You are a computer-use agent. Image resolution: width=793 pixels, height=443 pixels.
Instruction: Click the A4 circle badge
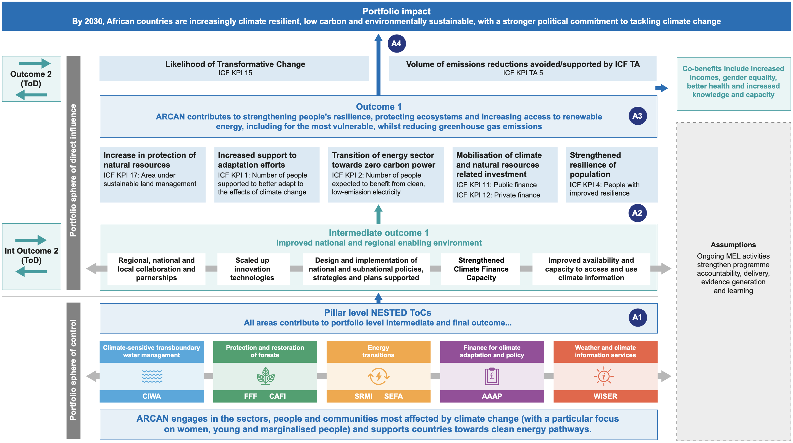click(396, 43)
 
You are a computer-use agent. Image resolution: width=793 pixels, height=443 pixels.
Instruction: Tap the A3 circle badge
click(637, 116)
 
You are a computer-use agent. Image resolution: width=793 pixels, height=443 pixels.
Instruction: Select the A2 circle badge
click(637, 213)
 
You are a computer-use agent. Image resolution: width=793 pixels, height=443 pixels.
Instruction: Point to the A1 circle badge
click(637, 317)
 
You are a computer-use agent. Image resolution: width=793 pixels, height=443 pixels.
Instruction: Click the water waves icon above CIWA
click(152, 376)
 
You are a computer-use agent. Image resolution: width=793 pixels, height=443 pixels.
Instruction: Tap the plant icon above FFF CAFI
click(265, 376)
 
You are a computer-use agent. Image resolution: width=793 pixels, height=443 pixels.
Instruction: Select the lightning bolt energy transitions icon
click(378, 376)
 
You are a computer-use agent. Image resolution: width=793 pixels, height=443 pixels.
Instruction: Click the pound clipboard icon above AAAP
click(492, 376)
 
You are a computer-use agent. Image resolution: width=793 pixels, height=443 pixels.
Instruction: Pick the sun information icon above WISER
click(603, 376)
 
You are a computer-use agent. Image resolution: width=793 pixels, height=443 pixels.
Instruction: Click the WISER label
click(605, 396)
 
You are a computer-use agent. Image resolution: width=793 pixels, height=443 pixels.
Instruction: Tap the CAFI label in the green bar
click(277, 396)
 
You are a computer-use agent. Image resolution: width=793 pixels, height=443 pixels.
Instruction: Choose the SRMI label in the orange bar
click(363, 396)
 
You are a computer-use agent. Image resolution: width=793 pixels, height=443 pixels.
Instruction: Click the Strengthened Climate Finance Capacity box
click(481, 269)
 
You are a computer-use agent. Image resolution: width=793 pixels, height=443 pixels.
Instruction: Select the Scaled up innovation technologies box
click(252, 269)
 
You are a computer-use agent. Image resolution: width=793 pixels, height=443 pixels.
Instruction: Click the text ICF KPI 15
click(235, 73)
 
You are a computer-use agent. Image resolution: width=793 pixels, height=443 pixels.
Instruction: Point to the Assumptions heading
click(733, 245)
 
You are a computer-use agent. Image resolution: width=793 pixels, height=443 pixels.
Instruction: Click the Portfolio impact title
click(396, 11)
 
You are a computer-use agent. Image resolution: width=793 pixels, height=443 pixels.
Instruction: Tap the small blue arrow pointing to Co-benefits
click(661, 88)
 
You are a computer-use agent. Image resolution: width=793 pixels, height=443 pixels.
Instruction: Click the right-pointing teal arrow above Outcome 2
click(35, 63)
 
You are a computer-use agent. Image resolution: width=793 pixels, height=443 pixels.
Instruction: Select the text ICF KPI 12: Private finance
click(498, 195)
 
